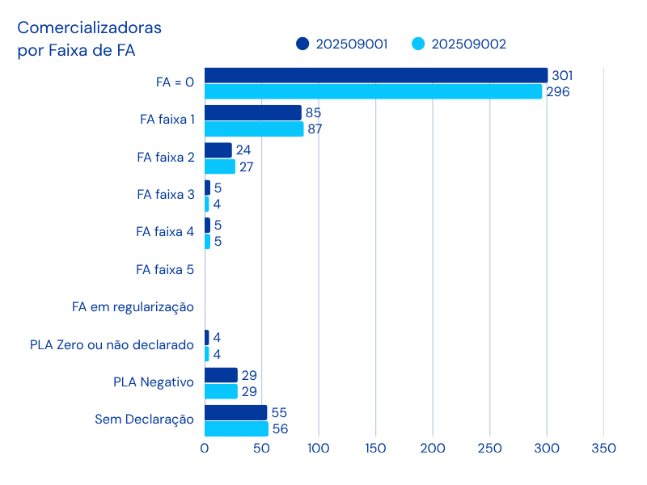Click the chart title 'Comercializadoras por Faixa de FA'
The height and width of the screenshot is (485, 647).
tap(89, 39)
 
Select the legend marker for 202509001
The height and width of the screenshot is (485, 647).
tap(302, 44)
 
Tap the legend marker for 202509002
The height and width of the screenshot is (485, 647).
tap(418, 44)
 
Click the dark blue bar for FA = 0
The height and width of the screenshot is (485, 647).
tap(376, 75)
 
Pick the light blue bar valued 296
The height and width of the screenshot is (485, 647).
tap(373, 91)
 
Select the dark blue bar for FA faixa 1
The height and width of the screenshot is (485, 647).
tap(252, 112)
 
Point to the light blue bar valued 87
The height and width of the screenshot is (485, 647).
tap(254, 129)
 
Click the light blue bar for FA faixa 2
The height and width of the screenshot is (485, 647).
tap(220, 167)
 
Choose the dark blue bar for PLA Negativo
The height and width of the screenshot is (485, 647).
tap(221, 375)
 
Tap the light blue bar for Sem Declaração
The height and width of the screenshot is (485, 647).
tap(236, 429)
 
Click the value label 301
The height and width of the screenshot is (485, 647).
tap(560, 75)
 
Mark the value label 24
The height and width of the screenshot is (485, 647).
tap(243, 150)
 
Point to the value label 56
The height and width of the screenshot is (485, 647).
tap(281, 429)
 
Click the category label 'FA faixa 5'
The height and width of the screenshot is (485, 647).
tap(165, 269)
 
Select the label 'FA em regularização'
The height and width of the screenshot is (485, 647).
tap(133, 307)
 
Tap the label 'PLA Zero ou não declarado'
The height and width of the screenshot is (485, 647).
tap(112, 345)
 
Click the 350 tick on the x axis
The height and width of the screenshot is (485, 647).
tap(604, 448)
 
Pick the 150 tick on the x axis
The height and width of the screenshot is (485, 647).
tap(375, 448)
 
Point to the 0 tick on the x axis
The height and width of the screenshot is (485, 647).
tap(205, 448)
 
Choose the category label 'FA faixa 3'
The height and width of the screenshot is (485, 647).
tap(165, 194)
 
